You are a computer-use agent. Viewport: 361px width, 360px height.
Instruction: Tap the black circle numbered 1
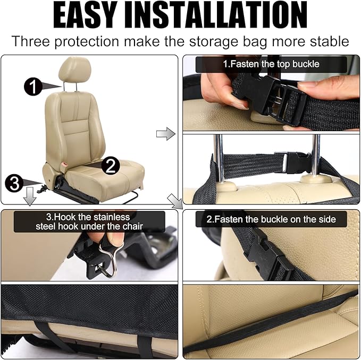[x=33, y=87]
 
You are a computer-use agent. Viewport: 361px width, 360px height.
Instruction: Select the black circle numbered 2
[x=111, y=166]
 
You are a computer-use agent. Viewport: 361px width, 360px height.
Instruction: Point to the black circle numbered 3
[x=14, y=183]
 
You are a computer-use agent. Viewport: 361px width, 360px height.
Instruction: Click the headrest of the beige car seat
[x=75, y=68]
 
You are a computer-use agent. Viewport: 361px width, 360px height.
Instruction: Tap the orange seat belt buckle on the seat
[x=64, y=165]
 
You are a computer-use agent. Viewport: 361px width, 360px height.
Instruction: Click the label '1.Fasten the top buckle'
[x=271, y=64]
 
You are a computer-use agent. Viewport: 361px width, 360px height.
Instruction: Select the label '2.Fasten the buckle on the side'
[x=271, y=219]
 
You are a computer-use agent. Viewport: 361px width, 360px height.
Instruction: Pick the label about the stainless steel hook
[x=89, y=221]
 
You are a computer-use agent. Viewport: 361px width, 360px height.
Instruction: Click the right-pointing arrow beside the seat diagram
[x=166, y=134]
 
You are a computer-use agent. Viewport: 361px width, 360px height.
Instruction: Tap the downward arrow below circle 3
[x=30, y=196]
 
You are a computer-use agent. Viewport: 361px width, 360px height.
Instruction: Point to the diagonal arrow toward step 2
[x=174, y=201]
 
